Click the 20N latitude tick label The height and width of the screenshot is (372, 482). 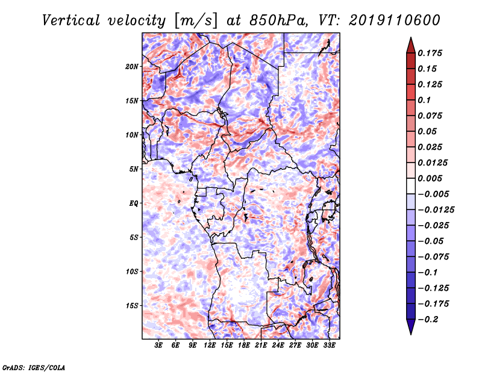coord(132,67)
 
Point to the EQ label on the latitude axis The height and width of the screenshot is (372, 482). coord(134,203)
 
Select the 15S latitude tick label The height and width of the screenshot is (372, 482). coord(132,306)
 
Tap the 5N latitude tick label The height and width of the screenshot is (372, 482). coord(134,169)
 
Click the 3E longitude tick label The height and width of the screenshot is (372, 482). coord(158,346)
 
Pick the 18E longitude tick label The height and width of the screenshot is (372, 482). coord(244,346)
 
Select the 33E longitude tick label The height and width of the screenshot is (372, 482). coord(329,346)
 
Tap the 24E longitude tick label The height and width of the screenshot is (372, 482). coord(278,346)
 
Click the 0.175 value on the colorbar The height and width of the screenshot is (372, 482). coord(430,53)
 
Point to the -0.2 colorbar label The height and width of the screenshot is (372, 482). coord(428,320)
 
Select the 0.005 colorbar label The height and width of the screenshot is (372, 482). coord(430,178)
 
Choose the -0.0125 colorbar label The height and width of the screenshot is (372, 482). coord(436,210)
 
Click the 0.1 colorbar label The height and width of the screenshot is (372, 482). coord(424,100)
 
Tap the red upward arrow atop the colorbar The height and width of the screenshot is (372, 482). coord(411,46)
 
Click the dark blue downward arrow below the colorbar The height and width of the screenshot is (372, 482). coord(411,327)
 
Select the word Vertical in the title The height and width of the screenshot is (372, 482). coord(70,20)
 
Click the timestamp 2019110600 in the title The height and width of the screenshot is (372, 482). coord(395,20)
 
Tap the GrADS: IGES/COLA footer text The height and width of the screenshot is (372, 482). coord(34,367)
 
